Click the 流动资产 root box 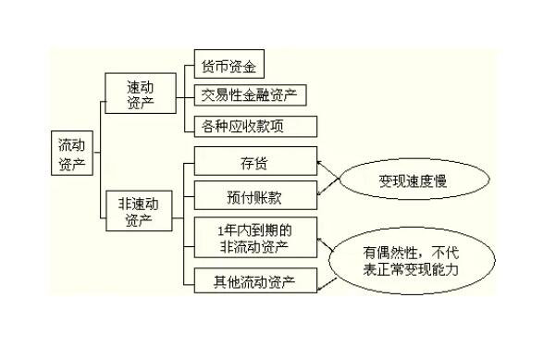coord(70,153)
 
